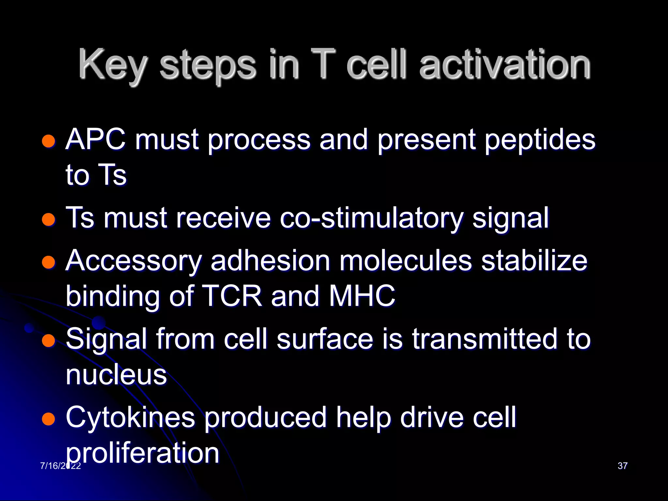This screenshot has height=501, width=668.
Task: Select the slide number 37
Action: [622, 466]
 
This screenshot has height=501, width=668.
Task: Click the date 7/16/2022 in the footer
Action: [60, 466]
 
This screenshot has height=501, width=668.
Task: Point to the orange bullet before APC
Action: [49, 141]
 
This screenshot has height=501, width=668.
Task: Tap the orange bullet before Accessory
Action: [49, 262]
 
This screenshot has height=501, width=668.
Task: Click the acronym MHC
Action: [362, 296]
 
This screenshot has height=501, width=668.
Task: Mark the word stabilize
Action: [534, 261]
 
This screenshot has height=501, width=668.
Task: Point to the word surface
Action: [325, 339]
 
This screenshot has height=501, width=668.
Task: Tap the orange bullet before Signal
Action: [49, 341]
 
